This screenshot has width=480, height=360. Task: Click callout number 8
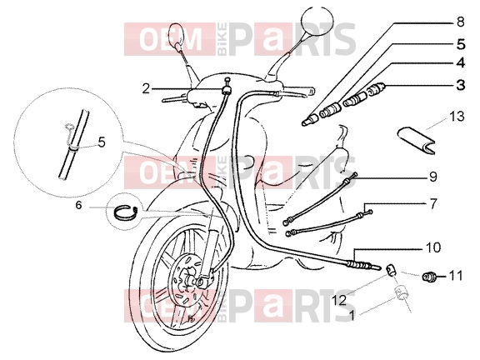(x=460, y=22)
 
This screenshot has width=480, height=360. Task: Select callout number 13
(x=457, y=117)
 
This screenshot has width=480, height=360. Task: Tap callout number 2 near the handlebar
(x=147, y=89)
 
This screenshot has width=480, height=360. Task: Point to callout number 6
(x=78, y=205)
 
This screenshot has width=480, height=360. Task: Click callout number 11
(x=456, y=276)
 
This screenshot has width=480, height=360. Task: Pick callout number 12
(x=339, y=300)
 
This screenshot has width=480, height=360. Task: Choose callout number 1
(x=352, y=316)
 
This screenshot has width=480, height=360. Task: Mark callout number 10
(x=432, y=247)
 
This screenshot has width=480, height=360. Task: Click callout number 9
(x=433, y=177)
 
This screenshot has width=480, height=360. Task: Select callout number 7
(x=432, y=204)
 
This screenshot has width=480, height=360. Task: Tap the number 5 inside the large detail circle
(x=102, y=142)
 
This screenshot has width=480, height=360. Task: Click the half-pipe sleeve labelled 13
(x=417, y=140)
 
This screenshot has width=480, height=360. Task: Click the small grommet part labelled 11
(x=428, y=277)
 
